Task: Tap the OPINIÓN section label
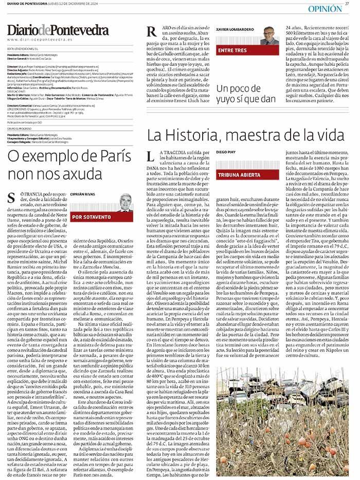[x=326, y=9]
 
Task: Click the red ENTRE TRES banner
[x=232, y=51]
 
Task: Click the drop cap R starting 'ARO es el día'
[x=152, y=32]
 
